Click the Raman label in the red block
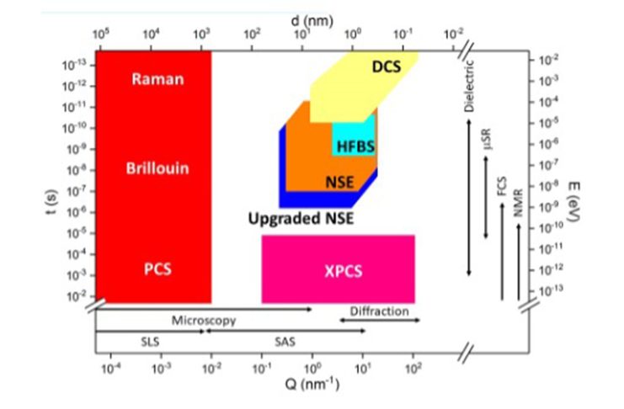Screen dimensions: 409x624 158,80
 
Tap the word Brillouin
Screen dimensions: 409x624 157,168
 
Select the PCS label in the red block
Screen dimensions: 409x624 157,272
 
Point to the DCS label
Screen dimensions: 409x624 387,66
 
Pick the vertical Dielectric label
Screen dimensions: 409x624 469,85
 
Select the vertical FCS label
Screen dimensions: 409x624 502,187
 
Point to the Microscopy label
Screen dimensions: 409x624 204,321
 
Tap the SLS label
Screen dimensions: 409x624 148,341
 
